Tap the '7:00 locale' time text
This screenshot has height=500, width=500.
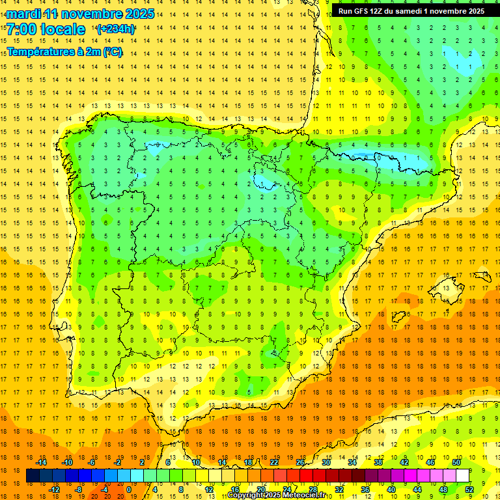46,29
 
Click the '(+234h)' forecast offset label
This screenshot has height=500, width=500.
115,29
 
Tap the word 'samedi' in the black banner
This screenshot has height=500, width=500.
416,11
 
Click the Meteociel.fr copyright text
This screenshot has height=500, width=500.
276,495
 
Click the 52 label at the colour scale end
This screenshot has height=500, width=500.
469,490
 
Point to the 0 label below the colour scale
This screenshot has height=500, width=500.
129,490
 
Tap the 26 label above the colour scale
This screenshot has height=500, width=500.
300,462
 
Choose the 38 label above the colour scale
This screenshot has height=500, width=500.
378,462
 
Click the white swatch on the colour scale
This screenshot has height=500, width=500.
463,476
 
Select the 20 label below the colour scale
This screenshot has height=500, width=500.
261,490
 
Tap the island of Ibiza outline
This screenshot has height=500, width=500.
398,317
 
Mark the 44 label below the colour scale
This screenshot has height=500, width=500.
417,490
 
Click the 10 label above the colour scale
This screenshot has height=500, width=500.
196,462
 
